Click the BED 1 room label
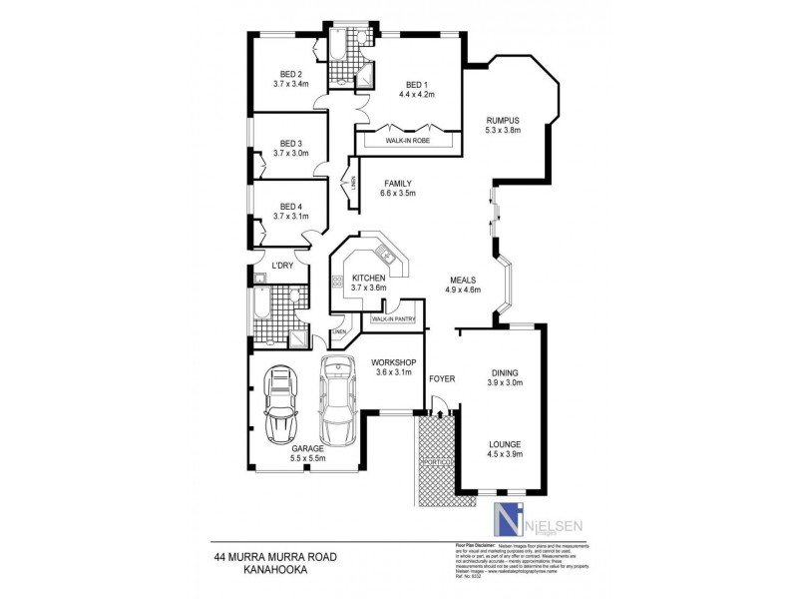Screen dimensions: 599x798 [x=416, y=85]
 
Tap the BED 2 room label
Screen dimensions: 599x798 [x=290, y=74]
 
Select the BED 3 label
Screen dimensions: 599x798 [x=290, y=143]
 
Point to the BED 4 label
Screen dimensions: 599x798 [x=290, y=206]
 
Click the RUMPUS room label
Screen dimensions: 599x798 [x=503, y=120]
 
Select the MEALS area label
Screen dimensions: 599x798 [x=463, y=281]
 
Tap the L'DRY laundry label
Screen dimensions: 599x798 [x=282, y=265]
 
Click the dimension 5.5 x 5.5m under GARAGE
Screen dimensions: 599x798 [x=307, y=460]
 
